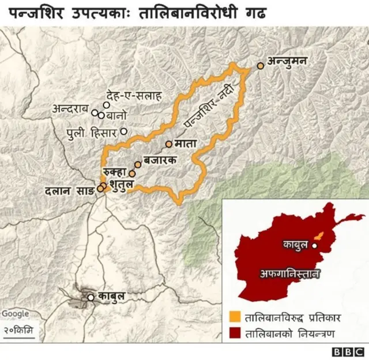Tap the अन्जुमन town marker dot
click(x=261, y=66)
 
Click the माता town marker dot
click(x=168, y=144)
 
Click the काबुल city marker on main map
click(x=91, y=298)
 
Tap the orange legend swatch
click(x=235, y=317)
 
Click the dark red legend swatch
click(x=235, y=333)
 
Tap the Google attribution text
click(x=15, y=313)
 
